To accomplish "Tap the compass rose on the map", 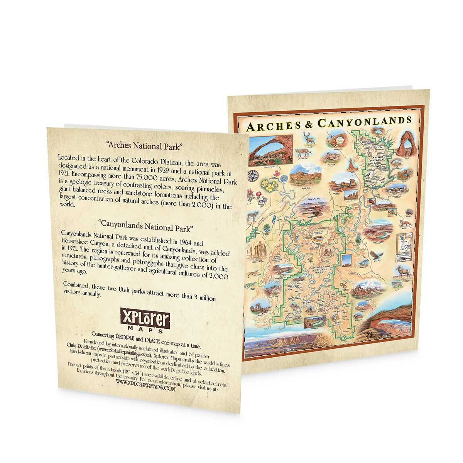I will pyautogui.click(x=253, y=176).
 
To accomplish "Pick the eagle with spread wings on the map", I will pyautogui.click(x=377, y=255).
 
